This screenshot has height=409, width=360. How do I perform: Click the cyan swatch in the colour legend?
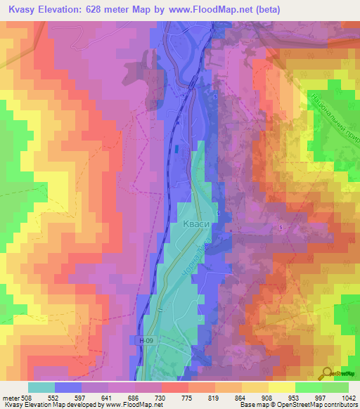41,387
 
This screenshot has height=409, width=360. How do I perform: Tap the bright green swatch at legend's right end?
335,387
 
